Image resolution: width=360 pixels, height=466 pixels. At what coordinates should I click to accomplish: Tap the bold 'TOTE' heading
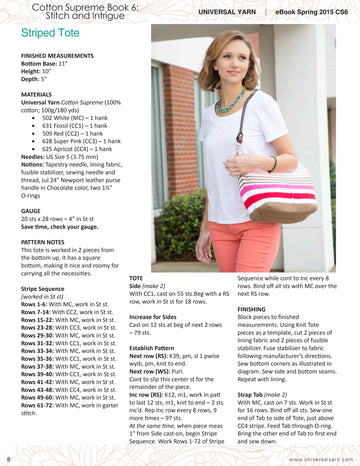tap(141, 275)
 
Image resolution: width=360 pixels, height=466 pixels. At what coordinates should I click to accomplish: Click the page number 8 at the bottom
tap(8, 459)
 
